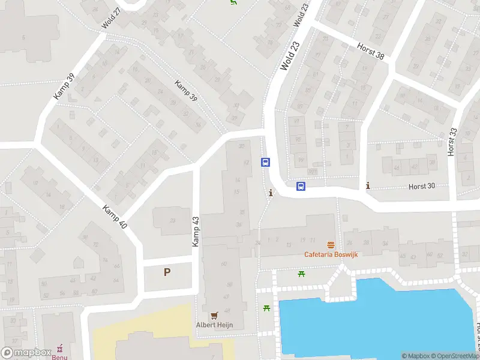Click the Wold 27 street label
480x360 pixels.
coord(112,17)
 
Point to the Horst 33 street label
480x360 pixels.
coord(452,142)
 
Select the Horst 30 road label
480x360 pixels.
coord(422,187)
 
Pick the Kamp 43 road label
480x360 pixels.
coord(195,232)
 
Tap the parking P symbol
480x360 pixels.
coord(167,272)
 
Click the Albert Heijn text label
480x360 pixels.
coord(214,325)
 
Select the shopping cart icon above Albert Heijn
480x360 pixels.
coord(214,315)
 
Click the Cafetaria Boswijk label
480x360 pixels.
coord(331,254)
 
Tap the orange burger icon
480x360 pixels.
coord(331,245)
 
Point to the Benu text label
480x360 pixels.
coord(59,356)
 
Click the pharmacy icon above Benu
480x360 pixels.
coord(59,348)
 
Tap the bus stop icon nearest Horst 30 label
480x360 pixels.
coord(301,187)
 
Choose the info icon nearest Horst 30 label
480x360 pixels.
coord(368,186)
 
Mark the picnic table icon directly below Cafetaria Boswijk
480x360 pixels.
coord(302,274)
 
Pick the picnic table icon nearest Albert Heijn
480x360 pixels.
coord(266,308)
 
